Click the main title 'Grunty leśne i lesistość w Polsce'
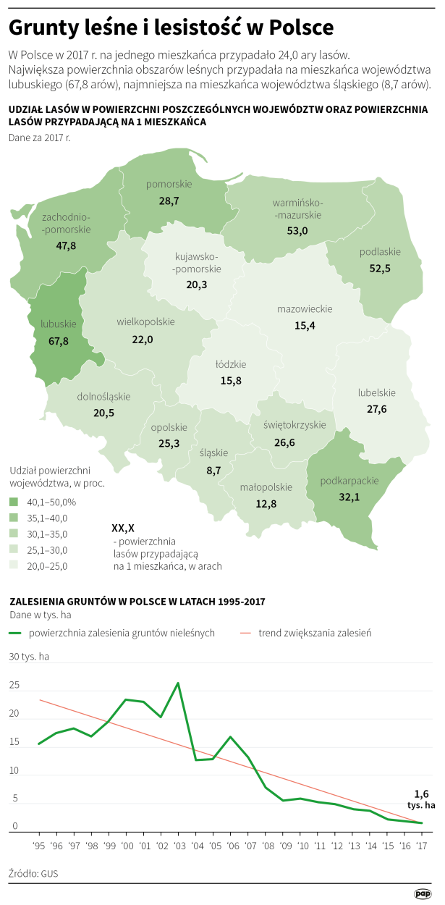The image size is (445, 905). point(171,28)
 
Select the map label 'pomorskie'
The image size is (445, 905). point(169,184)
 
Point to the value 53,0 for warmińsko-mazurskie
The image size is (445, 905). point(297,230)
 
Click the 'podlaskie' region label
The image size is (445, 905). point(380,252)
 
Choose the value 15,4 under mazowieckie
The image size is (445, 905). point(305,326)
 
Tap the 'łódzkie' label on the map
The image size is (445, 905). point(231,364)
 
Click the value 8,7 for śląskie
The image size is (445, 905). point(214,470)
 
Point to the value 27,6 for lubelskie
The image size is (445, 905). point(377,409)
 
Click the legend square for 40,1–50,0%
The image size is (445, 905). point(14,502)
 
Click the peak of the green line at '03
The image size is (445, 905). point(178,683)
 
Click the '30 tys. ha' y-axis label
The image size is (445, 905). point(30,657)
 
